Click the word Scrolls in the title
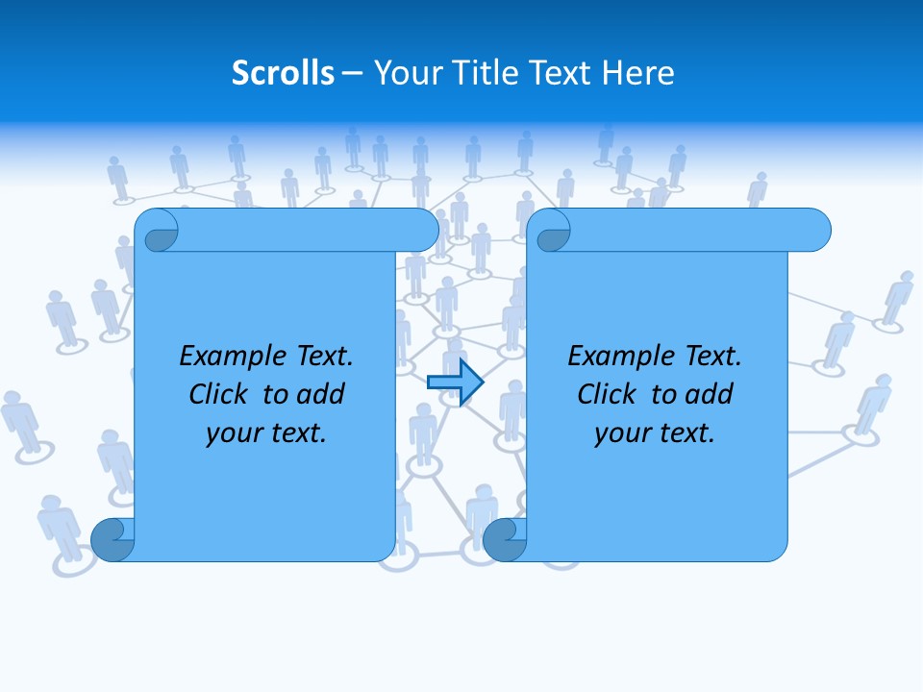pos(283,73)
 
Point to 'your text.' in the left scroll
pos(265,433)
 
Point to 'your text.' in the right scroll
pos(654,433)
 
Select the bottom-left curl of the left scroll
pos(112,540)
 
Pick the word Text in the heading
pos(562,73)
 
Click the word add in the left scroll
pos(320,394)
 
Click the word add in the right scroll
pos(709,394)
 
